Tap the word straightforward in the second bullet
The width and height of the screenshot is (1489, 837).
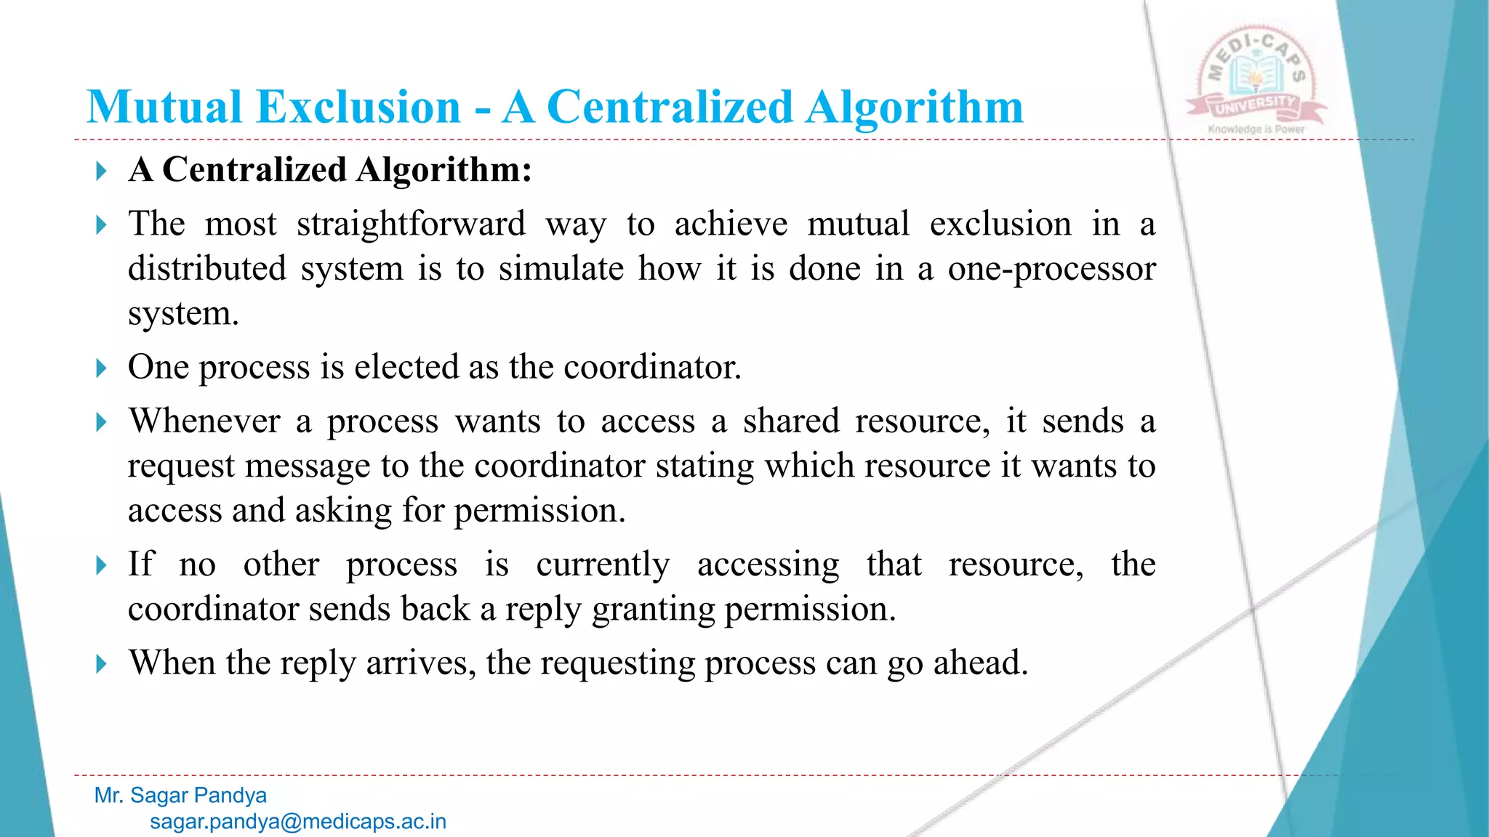(x=411, y=224)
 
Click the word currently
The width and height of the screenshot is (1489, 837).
(x=603, y=565)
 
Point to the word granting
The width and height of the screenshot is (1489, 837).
(x=653, y=609)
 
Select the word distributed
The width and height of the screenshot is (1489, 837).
(x=207, y=269)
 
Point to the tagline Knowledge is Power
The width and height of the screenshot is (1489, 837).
(x=1256, y=129)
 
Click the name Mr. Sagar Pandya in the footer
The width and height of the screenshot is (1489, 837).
(x=180, y=796)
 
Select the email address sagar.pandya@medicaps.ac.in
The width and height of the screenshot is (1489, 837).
(x=298, y=822)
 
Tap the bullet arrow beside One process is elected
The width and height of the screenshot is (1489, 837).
(x=101, y=368)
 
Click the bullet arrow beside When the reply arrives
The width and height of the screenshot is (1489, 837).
(x=101, y=664)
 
